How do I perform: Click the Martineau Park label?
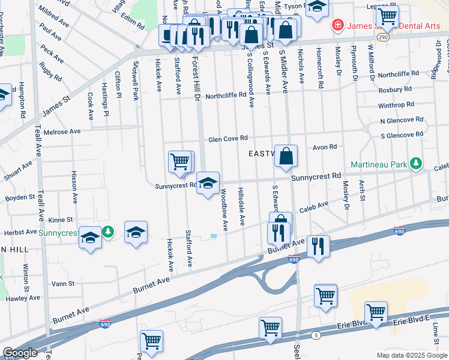(x=379, y=163)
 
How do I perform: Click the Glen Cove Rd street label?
(x=228, y=139)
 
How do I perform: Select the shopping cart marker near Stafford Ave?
(x=180, y=161)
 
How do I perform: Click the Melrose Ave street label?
(x=66, y=131)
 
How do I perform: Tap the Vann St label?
(x=62, y=283)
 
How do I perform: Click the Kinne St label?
(x=60, y=220)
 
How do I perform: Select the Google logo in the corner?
(x=20, y=353)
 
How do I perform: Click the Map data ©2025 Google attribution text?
(x=411, y=355)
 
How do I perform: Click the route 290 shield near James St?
(x=384, y=37)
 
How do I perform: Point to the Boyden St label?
(x=20, y=197)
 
